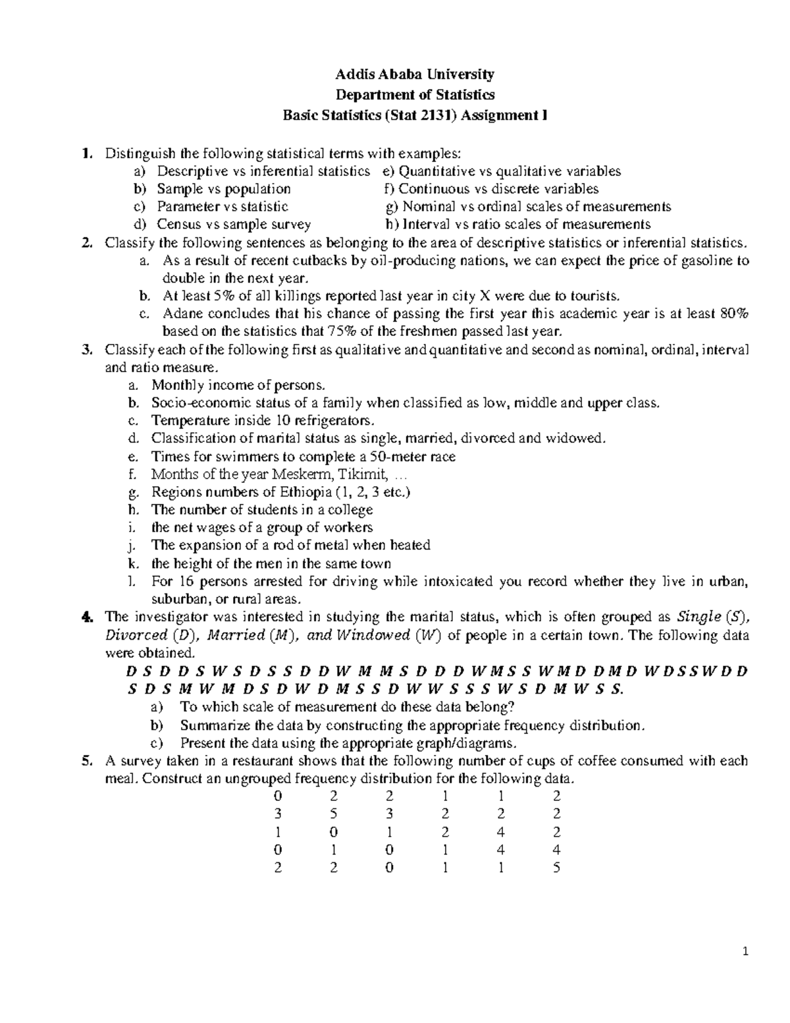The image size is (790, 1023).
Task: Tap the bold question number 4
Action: pos(86,617)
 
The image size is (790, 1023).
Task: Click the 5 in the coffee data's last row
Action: pos(556,868)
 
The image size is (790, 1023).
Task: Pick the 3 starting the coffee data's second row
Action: pos(278,814)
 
